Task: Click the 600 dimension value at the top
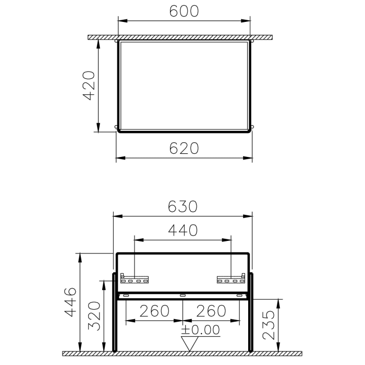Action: tap(184, 10)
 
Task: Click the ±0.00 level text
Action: tap(201, 330)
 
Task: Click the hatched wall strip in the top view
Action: tap(182, 38)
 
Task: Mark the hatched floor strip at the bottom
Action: tap(182, 354)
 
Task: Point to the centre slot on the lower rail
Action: tap(182, 296)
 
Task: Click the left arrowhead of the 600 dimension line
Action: tap(121, 21)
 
